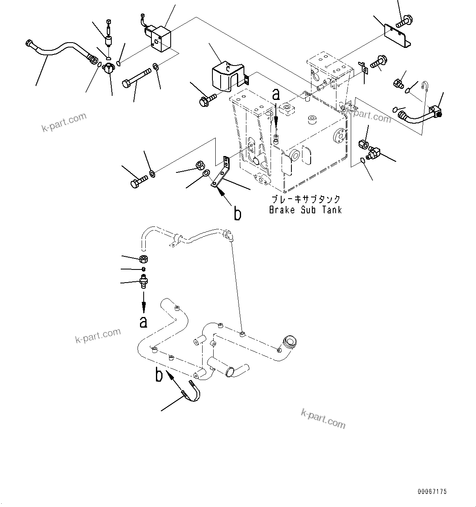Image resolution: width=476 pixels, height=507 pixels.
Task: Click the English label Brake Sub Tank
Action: (305, 210)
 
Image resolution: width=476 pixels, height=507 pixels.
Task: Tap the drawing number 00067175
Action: (432, 491)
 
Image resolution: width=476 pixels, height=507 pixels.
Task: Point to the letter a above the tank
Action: (276, 95)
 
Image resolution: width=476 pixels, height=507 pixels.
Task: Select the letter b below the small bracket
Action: (237, 213)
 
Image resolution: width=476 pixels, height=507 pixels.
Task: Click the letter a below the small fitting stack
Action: (143, 322)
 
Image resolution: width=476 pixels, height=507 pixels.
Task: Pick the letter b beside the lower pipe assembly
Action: (159, 374)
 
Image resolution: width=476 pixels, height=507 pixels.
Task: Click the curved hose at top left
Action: (61, 50)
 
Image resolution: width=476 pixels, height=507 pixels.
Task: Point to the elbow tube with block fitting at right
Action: (420, 115)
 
